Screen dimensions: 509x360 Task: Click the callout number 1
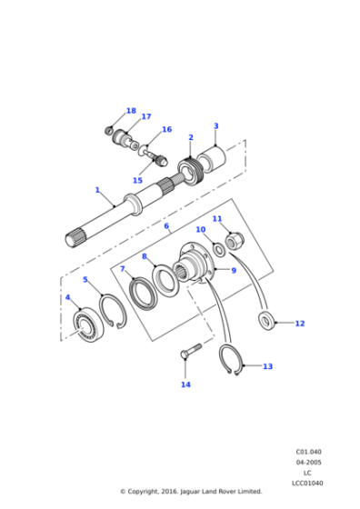97,190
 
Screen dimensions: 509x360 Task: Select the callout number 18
131,111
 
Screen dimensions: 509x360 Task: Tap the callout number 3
215,126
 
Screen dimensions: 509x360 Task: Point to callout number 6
165,227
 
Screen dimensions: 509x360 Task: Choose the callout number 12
299,324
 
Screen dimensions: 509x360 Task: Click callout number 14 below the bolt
185,384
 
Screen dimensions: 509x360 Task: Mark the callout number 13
267,366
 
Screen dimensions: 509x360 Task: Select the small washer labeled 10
218,249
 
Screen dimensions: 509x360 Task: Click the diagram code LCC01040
308,483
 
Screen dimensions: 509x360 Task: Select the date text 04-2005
308,462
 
